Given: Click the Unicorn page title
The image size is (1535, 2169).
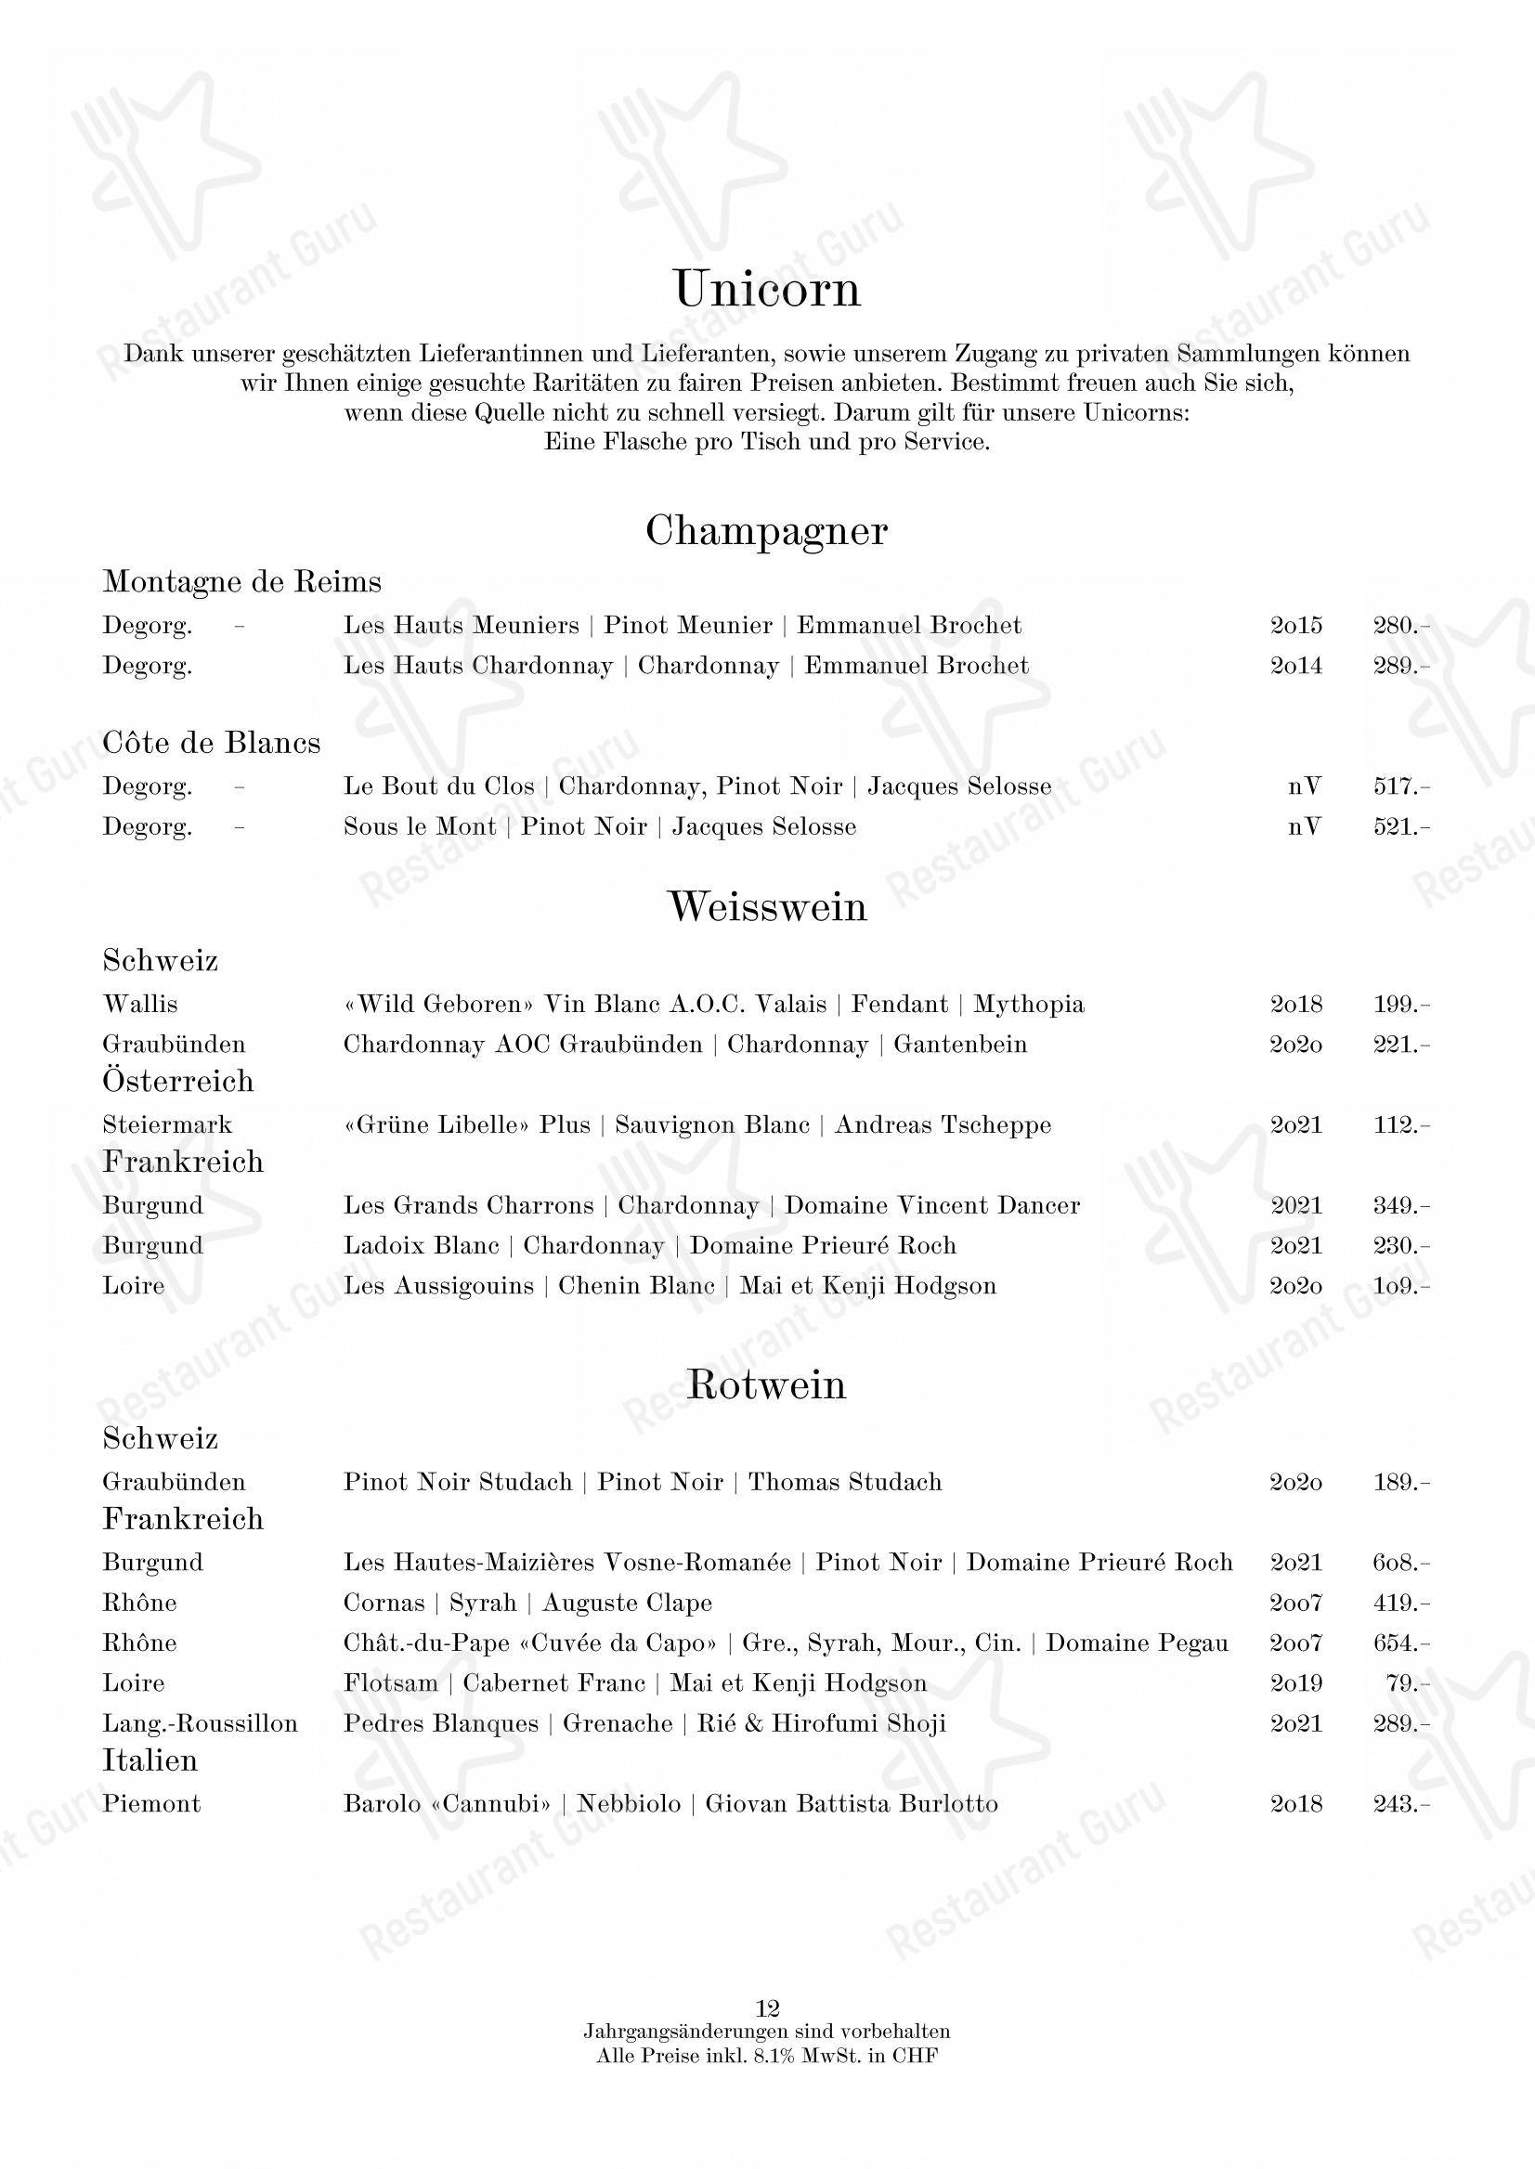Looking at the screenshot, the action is pyautogui.click(x=766, y=289).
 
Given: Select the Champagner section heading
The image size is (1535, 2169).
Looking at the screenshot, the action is pyautogui.click(x=766, y=532).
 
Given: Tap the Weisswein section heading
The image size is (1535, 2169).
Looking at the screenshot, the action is pyautogui.click(x=766, y=907).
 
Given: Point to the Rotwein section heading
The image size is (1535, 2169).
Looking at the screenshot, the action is pyautogui.click(x=766, y=1385).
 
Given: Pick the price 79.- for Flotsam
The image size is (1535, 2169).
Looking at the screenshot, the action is pyautogui.click(x=1409, y=1683).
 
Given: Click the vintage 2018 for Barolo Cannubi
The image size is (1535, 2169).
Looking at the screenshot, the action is pyautogui.click(x=1295, y=1804).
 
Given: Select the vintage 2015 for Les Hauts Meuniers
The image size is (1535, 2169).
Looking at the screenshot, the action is pyautogui.click(x=1295, y=626).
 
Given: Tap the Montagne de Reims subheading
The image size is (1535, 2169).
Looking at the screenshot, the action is pyautogui.click(x=242, y=581).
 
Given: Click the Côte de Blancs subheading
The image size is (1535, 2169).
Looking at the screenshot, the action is pyautogui.click(x=212, y=743).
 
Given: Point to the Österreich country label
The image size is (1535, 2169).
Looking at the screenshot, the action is pyautogui.click(x=178, y=1081).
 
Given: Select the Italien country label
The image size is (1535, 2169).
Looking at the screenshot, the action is pyautogui.click(x=150, y=1760).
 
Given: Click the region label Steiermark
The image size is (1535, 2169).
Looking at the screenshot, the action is pyautogui.click(x=167, y=1124).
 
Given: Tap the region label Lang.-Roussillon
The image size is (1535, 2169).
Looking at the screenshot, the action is pyautogui.click(x=201, y=1724).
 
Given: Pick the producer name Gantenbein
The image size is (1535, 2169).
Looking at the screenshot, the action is pyautogui.click(x=959, y=1045).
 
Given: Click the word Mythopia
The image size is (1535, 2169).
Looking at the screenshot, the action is pyautogui.click(x=1028, y=1004).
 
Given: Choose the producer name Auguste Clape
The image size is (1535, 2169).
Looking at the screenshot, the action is pyautogui.click(x=627, y=1603).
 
